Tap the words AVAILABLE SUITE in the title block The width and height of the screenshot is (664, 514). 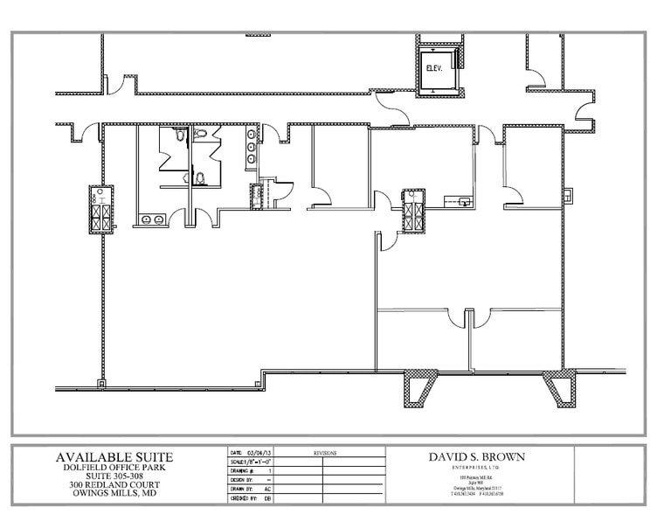tap(114, 457)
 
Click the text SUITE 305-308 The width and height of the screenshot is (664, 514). tap(114, 477)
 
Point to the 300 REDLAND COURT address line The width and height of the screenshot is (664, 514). tap(114, 486)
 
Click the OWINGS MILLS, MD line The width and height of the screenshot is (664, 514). tap(114, 496)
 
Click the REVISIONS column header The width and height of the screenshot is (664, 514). tap(324, 453)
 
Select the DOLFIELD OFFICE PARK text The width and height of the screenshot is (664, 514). tap(114, 469)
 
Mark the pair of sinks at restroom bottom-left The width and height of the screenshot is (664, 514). tap(151, 219)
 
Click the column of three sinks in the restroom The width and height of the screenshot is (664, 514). tap(252, 148)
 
